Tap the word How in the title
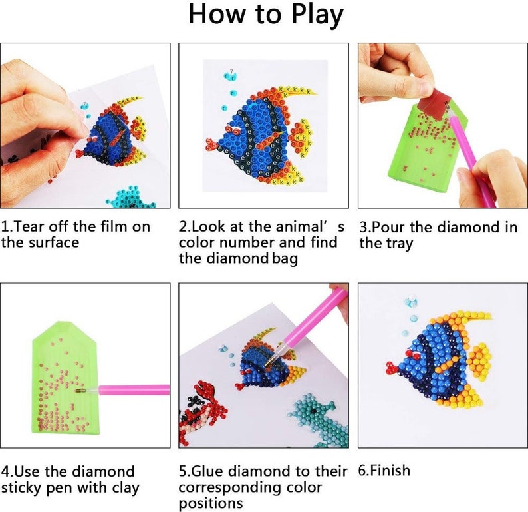217,15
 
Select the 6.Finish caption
384,471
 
